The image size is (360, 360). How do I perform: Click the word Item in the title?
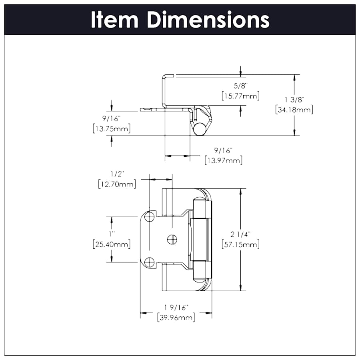114,20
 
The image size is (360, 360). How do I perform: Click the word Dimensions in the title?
208,20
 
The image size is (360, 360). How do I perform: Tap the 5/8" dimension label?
240,86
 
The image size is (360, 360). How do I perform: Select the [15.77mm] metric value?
240,96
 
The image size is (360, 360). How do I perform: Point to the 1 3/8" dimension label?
294,99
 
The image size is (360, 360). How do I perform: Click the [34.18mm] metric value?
294,109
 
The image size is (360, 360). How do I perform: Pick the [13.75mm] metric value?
111,129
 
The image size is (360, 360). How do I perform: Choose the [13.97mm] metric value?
223,161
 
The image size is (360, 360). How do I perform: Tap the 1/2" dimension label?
117,174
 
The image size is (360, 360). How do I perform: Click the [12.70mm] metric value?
117,184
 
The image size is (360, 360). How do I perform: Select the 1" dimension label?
111,233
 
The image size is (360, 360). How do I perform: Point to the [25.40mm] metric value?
111,244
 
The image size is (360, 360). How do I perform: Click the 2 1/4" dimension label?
240,234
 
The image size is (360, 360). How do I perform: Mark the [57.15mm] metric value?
240,244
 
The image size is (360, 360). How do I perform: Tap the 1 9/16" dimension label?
176,307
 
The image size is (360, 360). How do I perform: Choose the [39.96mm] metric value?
176,318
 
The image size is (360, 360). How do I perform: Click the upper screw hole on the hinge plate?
150,217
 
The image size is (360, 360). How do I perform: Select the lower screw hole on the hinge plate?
150,262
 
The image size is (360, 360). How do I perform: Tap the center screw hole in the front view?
172,239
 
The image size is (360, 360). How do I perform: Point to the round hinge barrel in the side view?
199,129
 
